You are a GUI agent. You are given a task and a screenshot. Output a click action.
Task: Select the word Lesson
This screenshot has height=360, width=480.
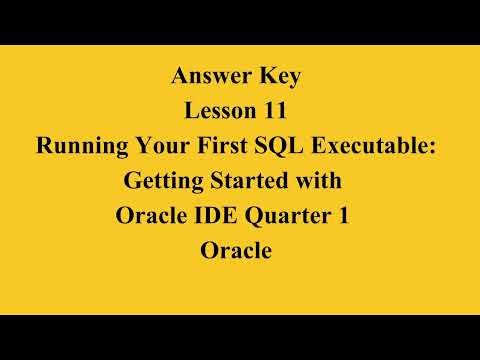pos(214,111)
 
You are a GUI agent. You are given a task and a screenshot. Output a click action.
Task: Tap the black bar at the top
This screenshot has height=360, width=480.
pos(240,21)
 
